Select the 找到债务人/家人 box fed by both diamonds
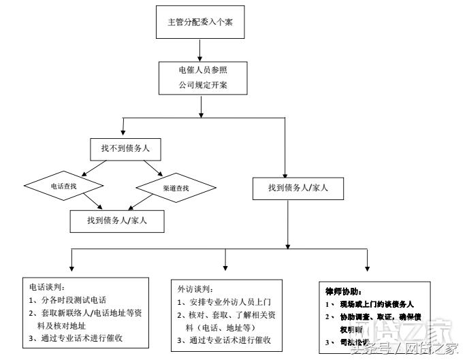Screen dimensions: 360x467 click(x=118, y=220)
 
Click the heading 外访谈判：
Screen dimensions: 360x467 click(x=196, y=289)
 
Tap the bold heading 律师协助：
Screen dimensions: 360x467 click(x=347, y=291)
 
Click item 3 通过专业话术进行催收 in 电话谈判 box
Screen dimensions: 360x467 click(x=76, y=337)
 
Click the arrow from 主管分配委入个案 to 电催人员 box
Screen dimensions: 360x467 click(x=199, y=48)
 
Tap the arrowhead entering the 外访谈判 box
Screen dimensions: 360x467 click(x=225, y=267)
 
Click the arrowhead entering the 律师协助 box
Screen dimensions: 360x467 click(x=368, y=267)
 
